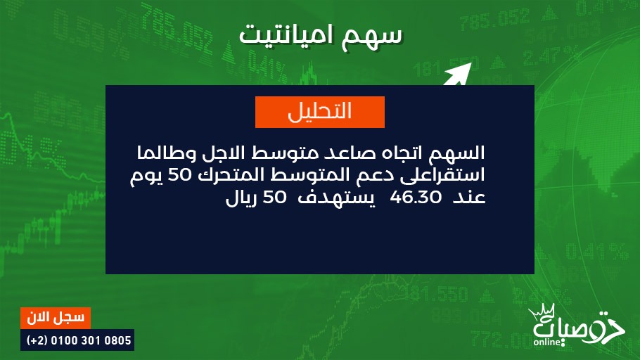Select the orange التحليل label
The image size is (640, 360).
(319, 112)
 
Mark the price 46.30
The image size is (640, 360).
(416, 198)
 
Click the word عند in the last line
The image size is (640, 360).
(469, 198)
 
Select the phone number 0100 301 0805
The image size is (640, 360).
(91, 340)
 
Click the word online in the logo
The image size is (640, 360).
(547, 342)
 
